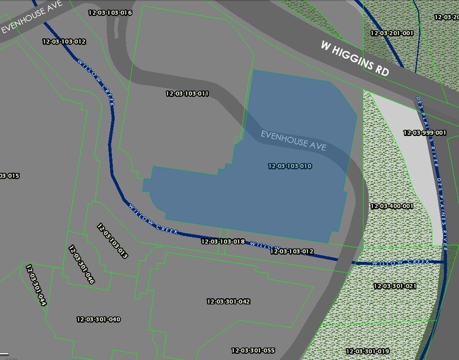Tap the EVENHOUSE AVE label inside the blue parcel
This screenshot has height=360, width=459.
point(294,141)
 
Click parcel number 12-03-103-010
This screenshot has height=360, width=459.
point(290,167)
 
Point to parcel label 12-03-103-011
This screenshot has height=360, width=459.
point(188,94)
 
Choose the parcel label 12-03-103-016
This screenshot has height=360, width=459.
point(110,12)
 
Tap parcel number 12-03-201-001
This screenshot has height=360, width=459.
point(392,33)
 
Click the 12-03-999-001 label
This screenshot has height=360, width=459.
point(425,132)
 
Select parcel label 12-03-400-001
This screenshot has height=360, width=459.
point(392,206)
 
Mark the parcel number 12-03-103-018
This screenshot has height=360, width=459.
point(223,242)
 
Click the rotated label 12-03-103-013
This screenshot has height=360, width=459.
point(112,241)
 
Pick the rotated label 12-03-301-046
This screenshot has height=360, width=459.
point(81,265)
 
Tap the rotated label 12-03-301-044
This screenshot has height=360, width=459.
point(36,285)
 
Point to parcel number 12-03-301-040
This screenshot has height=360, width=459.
point(99,319)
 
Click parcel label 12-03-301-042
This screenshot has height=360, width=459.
point(228,301)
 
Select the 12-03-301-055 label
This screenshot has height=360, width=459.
point(253,350)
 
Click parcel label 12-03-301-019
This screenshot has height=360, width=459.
point(367,351)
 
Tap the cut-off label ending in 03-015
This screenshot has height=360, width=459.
point(10,176)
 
